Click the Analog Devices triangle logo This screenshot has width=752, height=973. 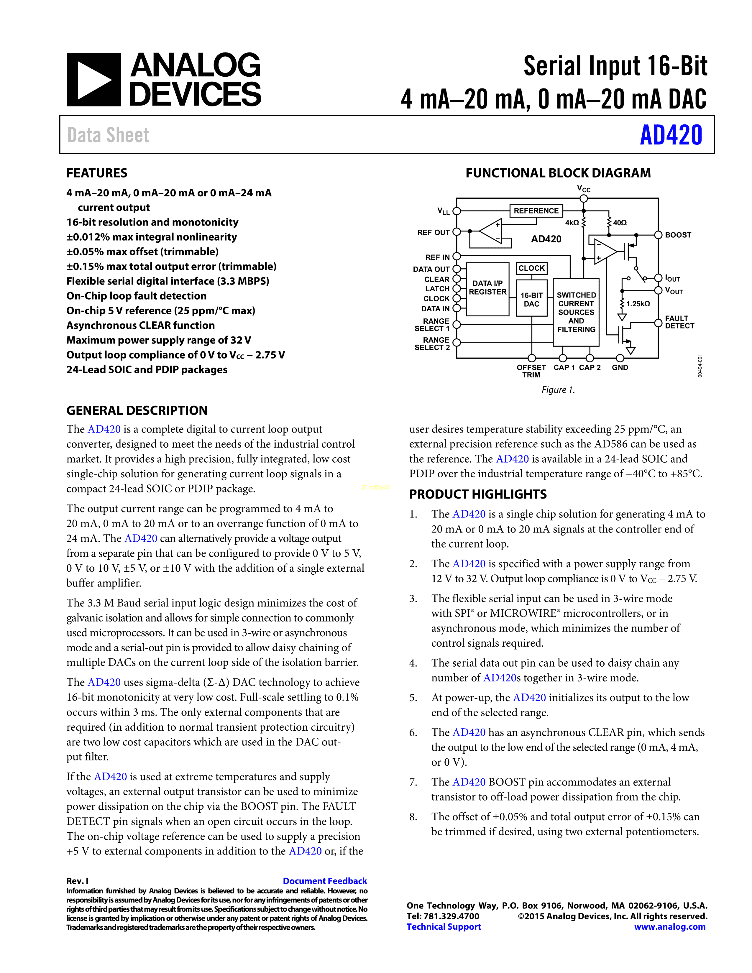click(x=93, y=80)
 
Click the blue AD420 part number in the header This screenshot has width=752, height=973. click(x=671, y=135)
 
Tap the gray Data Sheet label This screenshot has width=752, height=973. click(x=108, y=135)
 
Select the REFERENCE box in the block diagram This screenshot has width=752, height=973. click(x=536, y=211)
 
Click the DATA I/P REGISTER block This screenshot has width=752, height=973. click(x=488, y=288)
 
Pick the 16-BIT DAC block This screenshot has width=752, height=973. click(x=531, y=299)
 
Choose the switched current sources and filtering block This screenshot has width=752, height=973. click(x=576, y=312)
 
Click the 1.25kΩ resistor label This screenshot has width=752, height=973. click(x=638, y=304)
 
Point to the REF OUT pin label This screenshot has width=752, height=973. click(x=433, y=233)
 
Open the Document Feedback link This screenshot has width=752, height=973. click(x=325, y=881)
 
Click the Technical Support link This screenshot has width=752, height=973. click(x=444, y=927)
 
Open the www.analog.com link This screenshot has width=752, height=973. click(x=670, y=927)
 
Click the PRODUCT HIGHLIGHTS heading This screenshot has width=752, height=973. click(x=477, y=494)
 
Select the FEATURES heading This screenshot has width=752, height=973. click(x=97, y=173)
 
